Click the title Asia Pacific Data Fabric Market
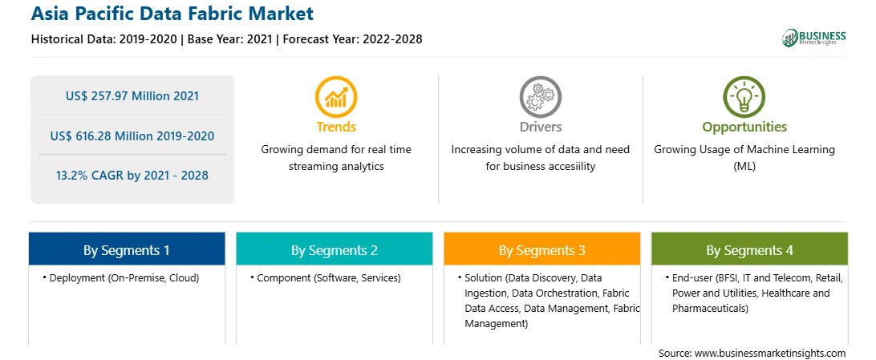(172, 14)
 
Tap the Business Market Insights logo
(813, 38)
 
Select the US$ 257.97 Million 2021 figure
(132, 96)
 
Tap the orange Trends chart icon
(336, 97)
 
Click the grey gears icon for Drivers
(540, 97)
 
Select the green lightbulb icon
(744, 97)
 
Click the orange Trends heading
(336, 127)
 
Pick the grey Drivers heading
(540, 127)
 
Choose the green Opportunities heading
(744, 127)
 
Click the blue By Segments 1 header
(127, 250)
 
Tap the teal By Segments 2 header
(334, 250)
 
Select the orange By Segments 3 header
(542, 250)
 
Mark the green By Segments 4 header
(750, 250)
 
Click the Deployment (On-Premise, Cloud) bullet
(121, 278)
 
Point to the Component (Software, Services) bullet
(325, 278)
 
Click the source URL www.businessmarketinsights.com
(770, 354)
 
